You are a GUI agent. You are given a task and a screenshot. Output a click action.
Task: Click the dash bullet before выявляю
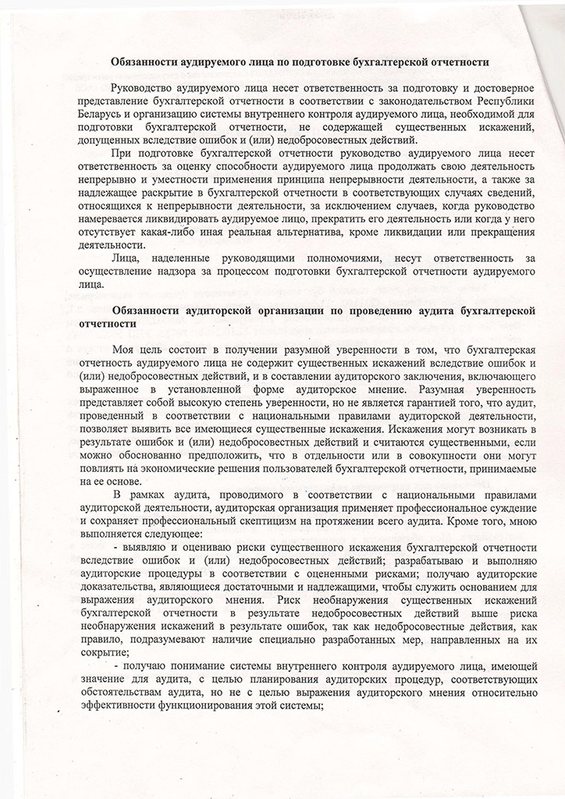coord(116,548)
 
